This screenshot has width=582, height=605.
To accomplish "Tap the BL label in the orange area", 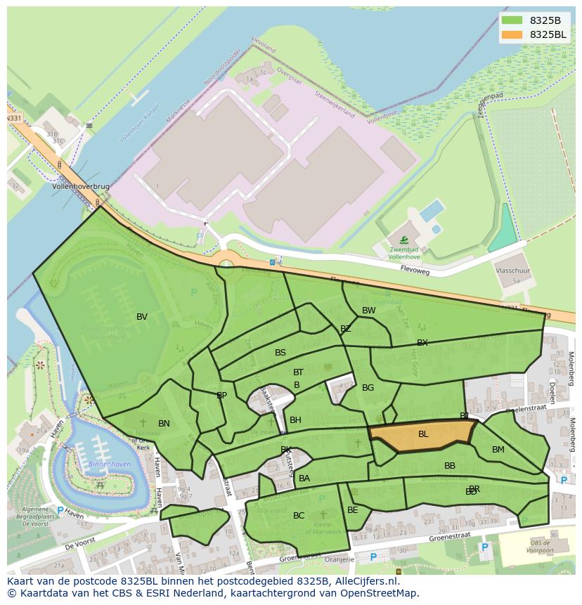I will coord(423,434).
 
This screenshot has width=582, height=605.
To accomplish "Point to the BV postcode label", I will coord(142,317).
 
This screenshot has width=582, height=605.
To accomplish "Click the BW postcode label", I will coord(368,311).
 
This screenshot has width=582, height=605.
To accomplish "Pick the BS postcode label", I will coord(280,353).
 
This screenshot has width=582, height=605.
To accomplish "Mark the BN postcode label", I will coord(164,424).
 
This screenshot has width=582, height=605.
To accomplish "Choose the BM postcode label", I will coord(498,450).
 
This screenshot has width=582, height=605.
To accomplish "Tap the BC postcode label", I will coord(299,516).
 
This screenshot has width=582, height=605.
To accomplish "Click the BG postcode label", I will coord(368,388).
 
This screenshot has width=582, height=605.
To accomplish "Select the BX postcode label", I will coord(422,343).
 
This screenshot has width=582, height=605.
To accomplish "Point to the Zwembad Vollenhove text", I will coord(403,253).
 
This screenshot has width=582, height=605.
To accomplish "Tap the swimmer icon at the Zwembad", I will coord(403,240).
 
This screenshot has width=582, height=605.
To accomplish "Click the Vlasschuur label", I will coord(513,269).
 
